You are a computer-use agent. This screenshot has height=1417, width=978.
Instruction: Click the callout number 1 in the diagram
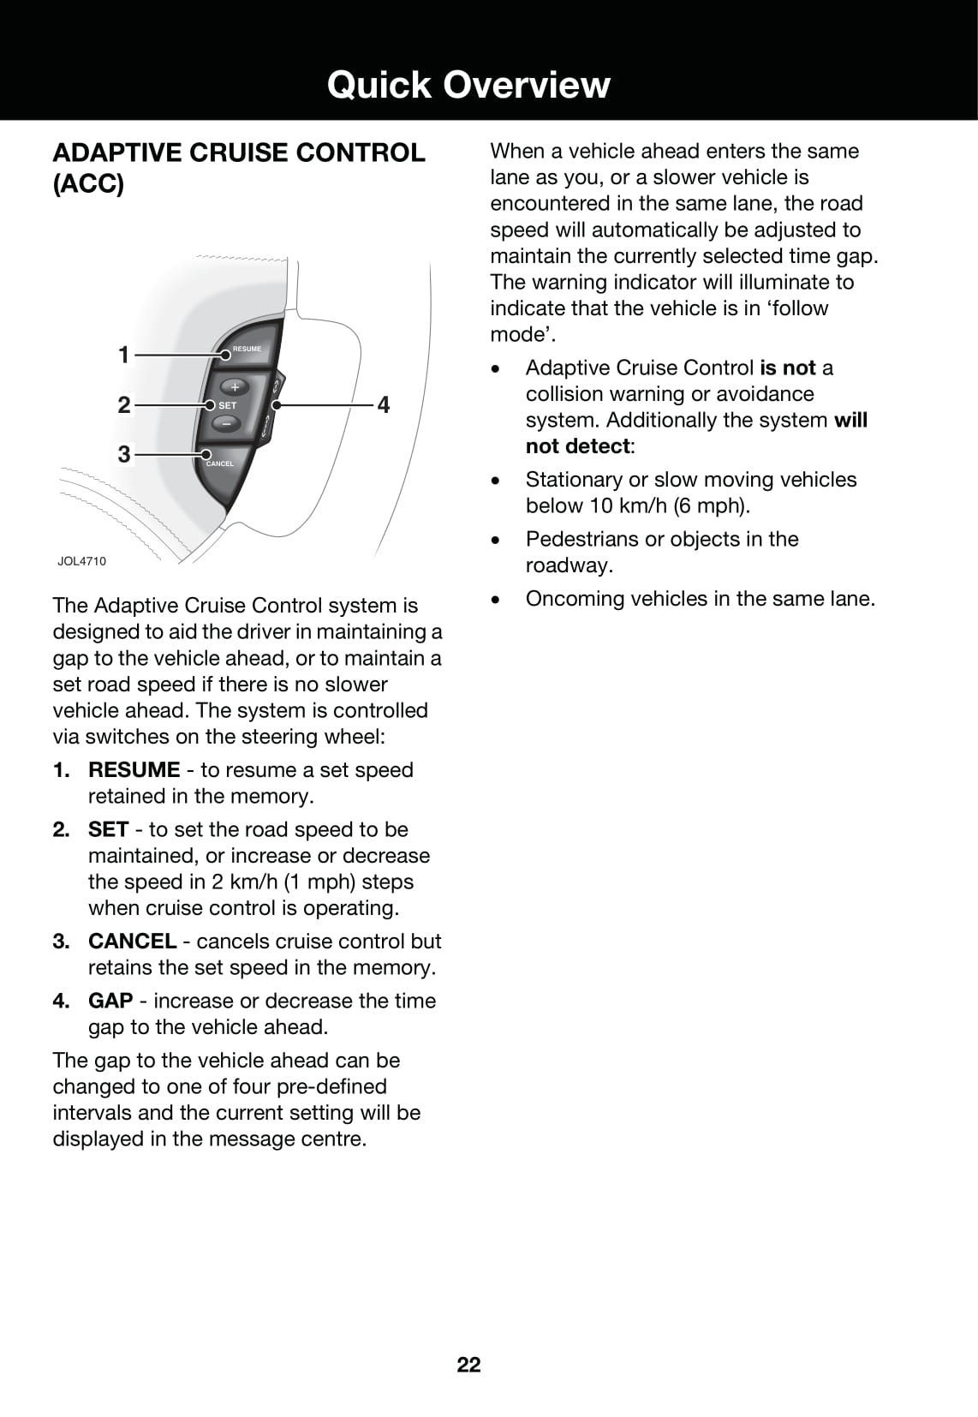coord(124,354)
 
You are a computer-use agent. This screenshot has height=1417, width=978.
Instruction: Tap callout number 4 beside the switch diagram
coord(384,404)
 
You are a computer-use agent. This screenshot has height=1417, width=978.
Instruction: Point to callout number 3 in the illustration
coord(124,454)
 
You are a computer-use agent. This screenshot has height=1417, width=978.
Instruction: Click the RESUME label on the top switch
coord(247,349)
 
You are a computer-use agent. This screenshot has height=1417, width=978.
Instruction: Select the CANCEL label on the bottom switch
coord(220,463)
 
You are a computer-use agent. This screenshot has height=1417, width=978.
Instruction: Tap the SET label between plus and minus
coord(228,405)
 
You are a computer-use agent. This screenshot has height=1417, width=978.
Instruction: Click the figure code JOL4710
coord(82,561)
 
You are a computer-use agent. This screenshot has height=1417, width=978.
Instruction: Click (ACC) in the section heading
coord(88,184)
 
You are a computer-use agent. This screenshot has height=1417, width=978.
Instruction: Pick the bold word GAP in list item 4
coord(110,1001)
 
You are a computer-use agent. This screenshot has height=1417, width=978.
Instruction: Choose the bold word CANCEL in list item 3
coord(132,941)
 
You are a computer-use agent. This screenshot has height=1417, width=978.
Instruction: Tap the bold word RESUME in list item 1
coord(134,769)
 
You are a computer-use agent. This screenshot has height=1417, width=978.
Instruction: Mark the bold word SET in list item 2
coord(108,829)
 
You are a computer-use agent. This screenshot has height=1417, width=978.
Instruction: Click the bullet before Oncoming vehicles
coord(495,600)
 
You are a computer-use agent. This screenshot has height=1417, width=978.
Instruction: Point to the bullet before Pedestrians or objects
coord(495,541)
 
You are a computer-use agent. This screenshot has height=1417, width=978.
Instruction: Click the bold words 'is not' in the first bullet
coord(787,368)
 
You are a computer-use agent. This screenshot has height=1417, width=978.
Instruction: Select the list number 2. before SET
coord(61,829)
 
